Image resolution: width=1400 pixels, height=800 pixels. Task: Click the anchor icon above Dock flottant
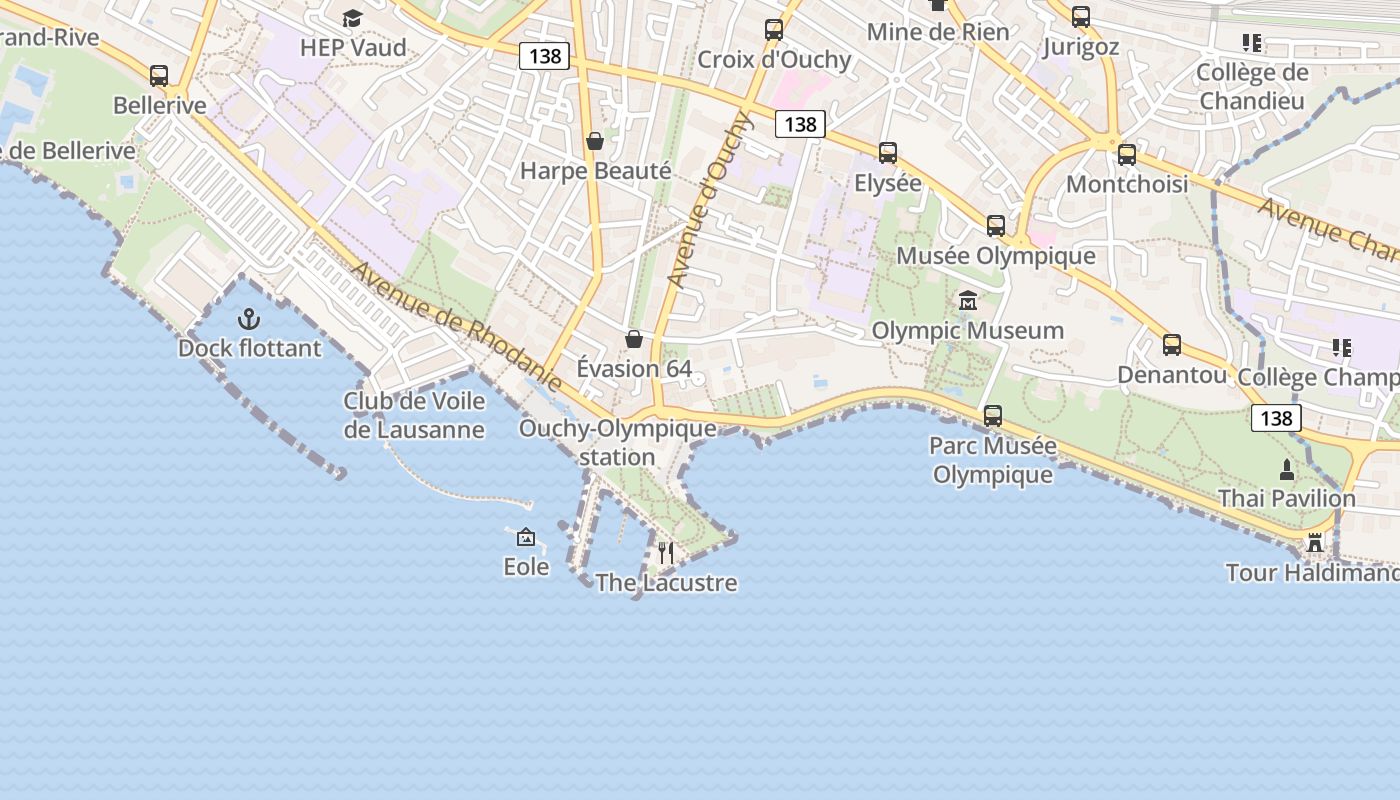[x=248, y=319]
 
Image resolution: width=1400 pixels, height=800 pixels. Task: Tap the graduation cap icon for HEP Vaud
[x=352, y=18]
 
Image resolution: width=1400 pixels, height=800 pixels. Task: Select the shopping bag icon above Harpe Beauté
[x=595, y=141]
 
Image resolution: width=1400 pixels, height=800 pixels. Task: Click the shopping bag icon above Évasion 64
[x=633, y=339]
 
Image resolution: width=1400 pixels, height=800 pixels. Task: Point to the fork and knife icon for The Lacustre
[x=666, y=552]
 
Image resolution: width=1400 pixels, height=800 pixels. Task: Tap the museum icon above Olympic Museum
[x=967, y=300]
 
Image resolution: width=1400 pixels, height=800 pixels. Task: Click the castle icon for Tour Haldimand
[x=1315, y=543]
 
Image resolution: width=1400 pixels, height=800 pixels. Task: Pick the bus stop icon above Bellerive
[x=159, y=75]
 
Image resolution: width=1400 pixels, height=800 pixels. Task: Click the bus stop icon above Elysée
[x=888, y=153]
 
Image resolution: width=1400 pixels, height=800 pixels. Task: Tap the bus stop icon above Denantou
[x=1172, y=345]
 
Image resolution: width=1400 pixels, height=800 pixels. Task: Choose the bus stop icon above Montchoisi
[x=1127, y=155]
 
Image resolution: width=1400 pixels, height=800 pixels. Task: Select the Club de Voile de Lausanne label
[x=414, y=415]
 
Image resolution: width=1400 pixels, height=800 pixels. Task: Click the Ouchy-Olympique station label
[x=617, y=442]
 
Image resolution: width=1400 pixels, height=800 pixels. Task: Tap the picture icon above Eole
[x=526, y=537]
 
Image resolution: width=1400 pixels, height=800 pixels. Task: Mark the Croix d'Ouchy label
[x=774, y=59]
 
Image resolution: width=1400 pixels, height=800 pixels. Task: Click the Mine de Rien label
[x=938, y=31]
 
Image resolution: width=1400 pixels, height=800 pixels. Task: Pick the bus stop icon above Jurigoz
[x=1081, y=17]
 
